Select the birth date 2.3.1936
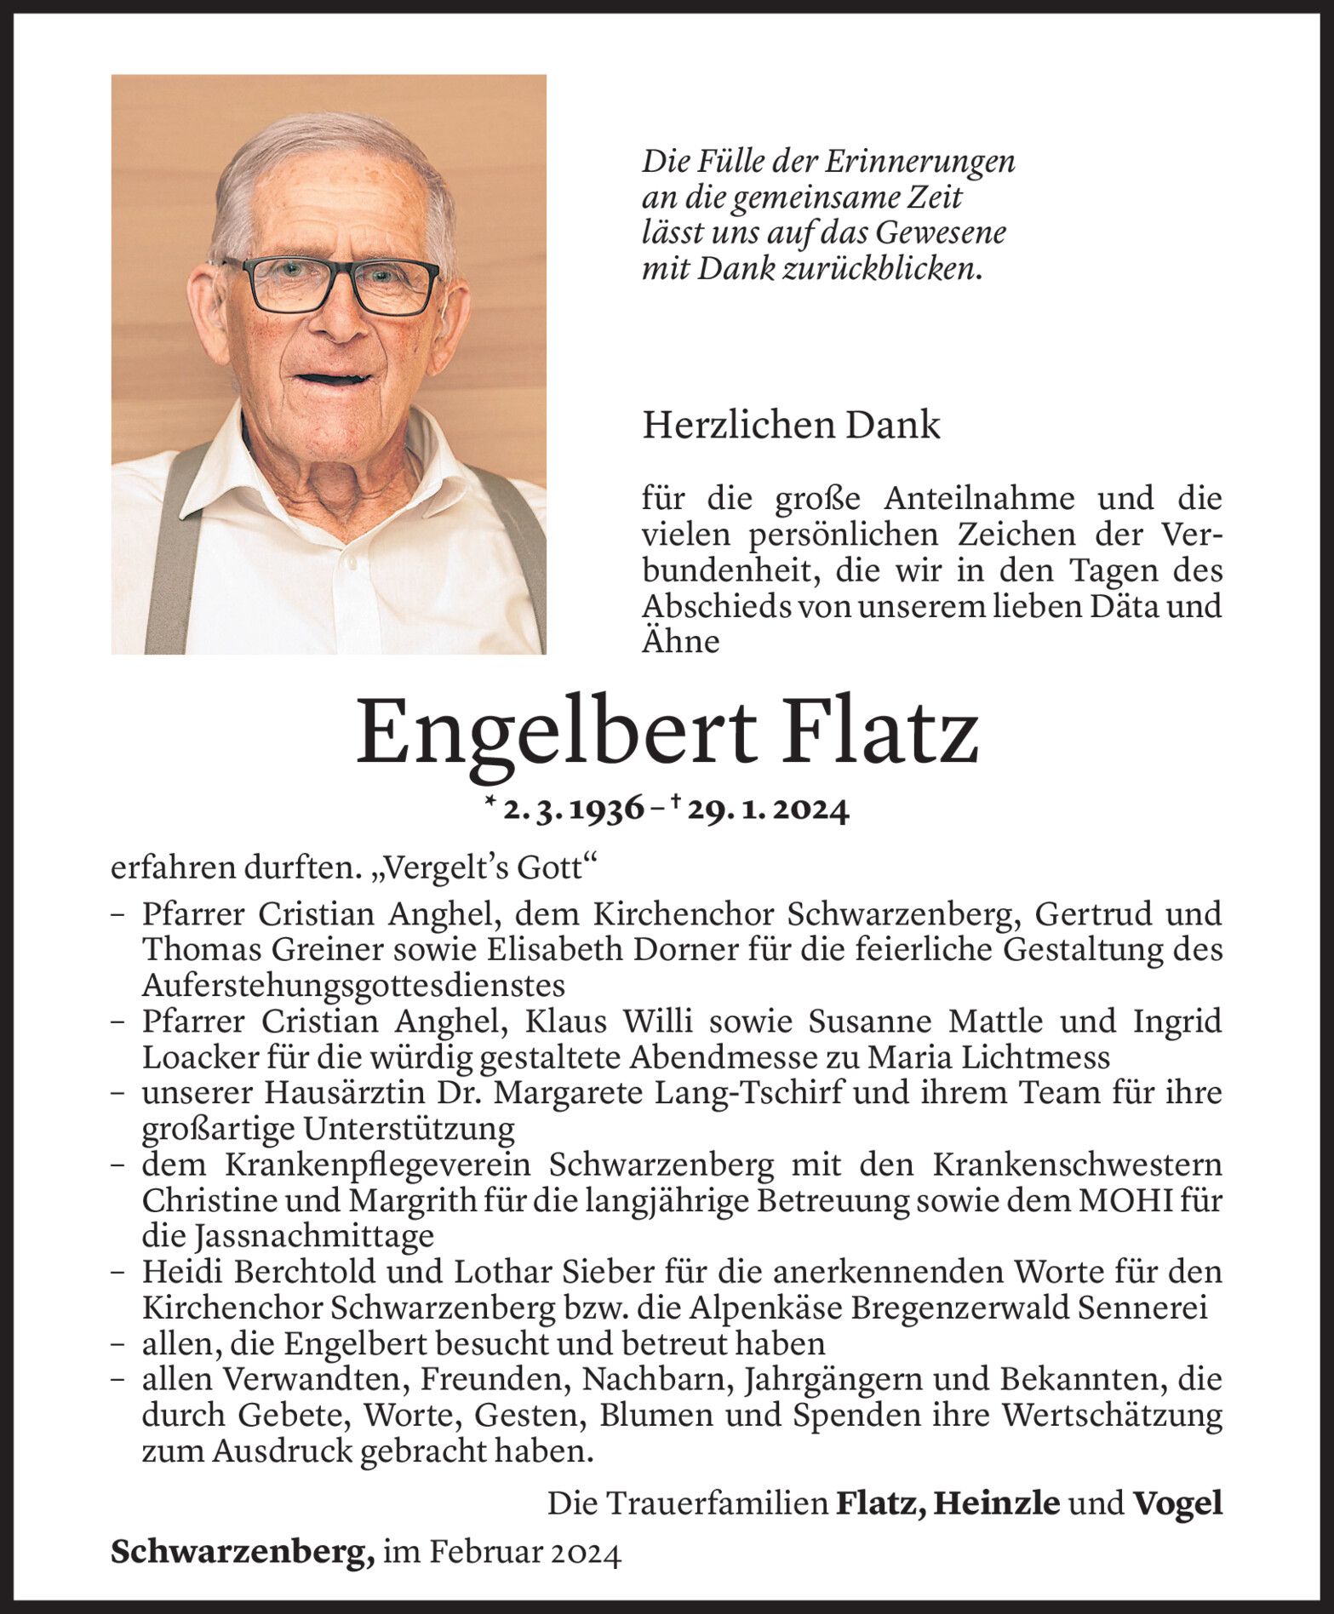click(573, 810)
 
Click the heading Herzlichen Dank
click(791, 426)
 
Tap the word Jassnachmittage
click(288, 1235)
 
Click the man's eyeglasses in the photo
click(331, 283)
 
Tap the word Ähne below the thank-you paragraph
click(680, 641)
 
